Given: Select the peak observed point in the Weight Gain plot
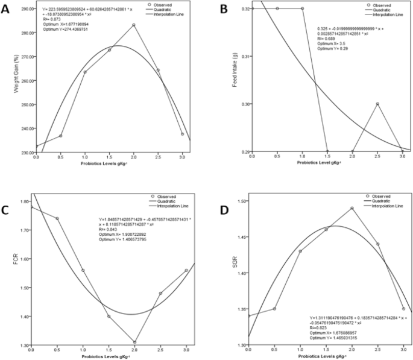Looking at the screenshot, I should pos(133,25).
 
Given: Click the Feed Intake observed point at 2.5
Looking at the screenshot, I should pos(377,104).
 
